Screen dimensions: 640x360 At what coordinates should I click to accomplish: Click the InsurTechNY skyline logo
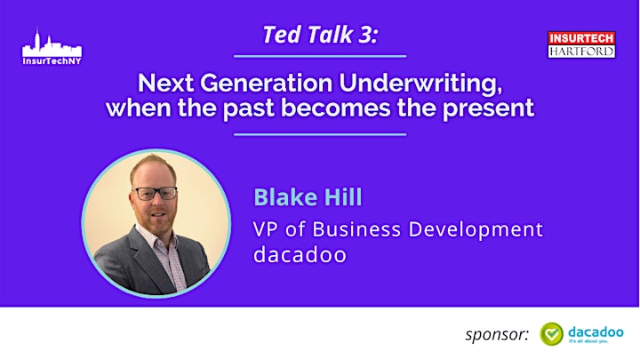[52, 46]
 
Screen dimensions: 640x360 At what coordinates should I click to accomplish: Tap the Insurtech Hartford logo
[581, 44]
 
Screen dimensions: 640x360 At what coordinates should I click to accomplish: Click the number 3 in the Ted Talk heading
[365, 35]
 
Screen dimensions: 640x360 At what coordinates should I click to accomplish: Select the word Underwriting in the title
[420, 83]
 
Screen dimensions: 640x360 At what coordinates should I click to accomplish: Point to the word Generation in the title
[266, 83]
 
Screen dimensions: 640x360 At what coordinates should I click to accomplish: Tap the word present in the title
[489, 108]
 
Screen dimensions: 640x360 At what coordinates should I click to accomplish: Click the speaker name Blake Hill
[308, 197]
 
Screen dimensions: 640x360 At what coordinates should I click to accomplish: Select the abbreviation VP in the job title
[265, 229]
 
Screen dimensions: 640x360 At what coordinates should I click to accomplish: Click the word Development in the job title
[476, 230]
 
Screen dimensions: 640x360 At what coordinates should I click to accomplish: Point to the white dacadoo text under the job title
[300, 255]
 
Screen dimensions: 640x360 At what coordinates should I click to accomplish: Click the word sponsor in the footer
[497, 335]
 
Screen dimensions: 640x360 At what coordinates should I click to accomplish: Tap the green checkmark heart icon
[551, 334]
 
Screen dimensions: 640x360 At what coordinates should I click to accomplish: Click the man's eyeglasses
[156, 193]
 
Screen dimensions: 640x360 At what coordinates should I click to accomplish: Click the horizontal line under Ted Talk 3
[320, 56]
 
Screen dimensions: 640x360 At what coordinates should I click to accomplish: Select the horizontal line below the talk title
[320, 134]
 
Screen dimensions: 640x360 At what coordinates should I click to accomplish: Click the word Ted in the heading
[282, 35]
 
